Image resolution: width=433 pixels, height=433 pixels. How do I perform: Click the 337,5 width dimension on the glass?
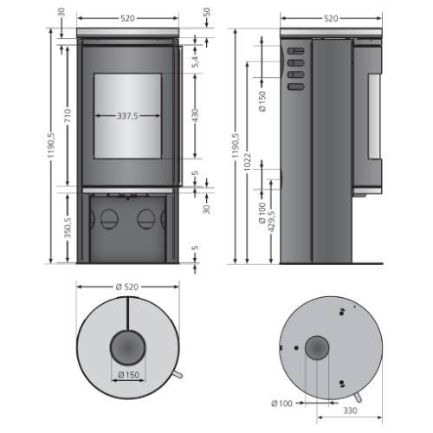coord(127,115)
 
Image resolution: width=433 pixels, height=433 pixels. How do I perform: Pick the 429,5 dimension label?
coord(270,222)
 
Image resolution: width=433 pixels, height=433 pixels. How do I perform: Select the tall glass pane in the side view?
coord(374,117)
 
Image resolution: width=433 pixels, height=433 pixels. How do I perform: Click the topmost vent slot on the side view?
coord(294,50)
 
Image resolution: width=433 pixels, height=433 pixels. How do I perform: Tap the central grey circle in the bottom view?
coord(316,348)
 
